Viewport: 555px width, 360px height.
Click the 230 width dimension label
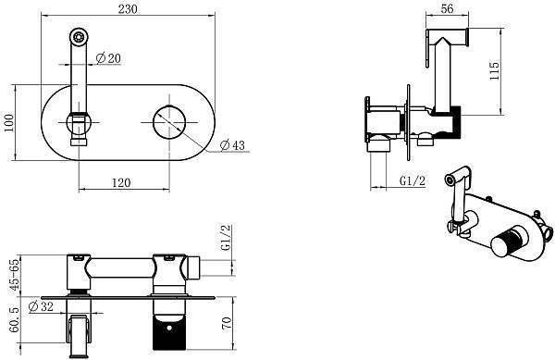[x=128, y=9]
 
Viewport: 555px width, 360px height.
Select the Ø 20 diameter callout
[x=108, y=58]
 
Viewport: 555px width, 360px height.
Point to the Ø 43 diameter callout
[x=232, y=144]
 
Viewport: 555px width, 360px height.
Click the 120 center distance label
[x=121, y=182]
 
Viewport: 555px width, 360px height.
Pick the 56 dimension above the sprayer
[x=448, y=8]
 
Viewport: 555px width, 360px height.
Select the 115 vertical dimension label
[x=494, y=70]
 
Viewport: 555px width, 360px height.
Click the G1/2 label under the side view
[x=412, y=180]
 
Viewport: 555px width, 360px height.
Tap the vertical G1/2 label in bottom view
[x=226, y=238]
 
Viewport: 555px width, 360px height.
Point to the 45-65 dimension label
[x=14, y=275]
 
